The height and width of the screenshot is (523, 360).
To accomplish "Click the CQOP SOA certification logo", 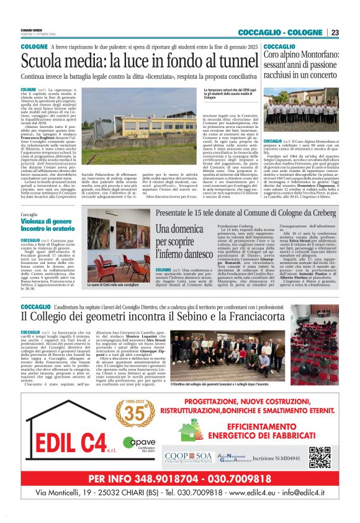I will [189, 457].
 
